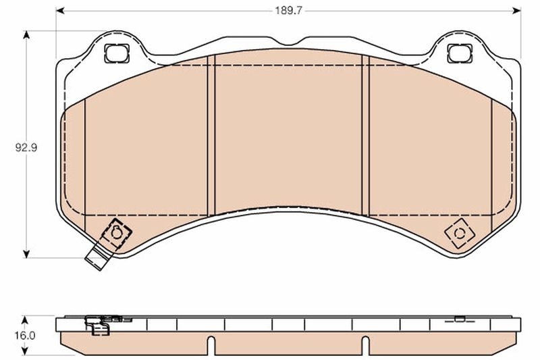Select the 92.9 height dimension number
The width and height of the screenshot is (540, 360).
(x=26, y=146)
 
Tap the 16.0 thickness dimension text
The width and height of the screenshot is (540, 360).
(x=26, y=334)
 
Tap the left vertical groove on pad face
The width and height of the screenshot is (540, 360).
(x=210, y=135)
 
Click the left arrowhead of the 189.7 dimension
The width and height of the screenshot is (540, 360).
(x=59, y=11)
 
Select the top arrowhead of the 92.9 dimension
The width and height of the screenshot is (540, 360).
(x=26, y=34)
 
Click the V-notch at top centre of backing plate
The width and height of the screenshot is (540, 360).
(x=289, y=45)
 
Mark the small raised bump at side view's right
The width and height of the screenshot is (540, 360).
(x=459, y=318)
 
